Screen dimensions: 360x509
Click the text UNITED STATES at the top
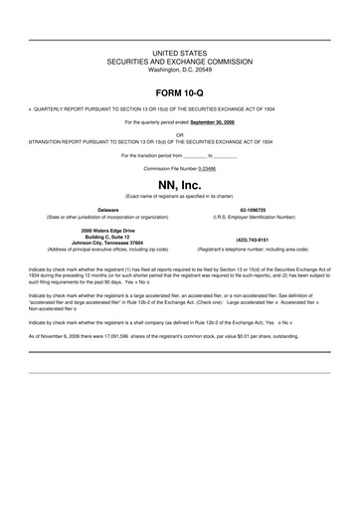pyautogui.click(x=179, y=50)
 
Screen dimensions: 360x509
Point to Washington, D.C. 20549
pyautogui.click(x=179, y=70)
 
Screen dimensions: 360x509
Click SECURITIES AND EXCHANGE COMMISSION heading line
pyautogui.click(x=179, y=60)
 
